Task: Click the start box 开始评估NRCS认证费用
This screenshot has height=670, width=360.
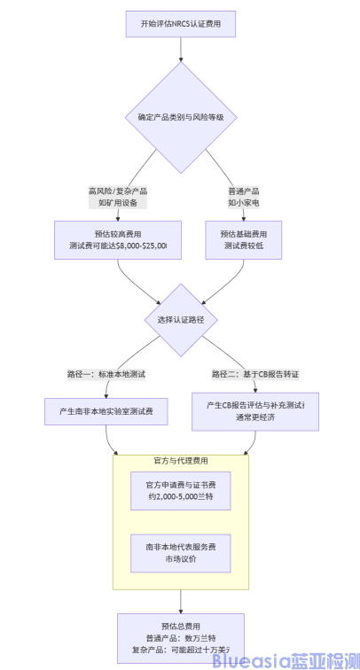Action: [181, 23]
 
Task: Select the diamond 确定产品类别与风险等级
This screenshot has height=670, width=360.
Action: [181, 117]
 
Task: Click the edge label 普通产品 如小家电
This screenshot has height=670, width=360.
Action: [244, 196]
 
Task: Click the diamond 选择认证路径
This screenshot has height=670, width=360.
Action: [181, 319]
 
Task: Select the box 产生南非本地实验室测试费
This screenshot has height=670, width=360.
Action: [106, 412]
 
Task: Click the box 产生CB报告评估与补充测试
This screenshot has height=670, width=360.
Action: [255, 411]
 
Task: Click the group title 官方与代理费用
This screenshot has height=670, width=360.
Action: [181, 461]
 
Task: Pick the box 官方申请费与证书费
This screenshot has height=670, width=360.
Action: [181, 491]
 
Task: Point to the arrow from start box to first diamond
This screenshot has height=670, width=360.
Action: [181, 51]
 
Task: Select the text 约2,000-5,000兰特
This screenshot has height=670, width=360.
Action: [181, 498]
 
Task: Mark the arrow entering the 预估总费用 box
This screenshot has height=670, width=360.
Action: [181, 603]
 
